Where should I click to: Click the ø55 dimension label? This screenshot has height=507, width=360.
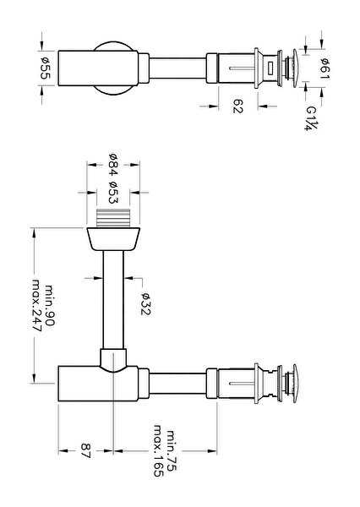[x=45, y=68]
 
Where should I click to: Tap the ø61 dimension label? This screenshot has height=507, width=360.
[x=325, y=68]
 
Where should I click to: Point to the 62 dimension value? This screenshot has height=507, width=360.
[x=237, y=106]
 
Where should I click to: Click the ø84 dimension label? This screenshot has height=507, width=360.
[x=113, y=164]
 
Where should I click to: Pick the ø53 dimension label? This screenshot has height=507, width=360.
[x=113, y=193]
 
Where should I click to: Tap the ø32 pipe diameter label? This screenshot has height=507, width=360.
[x=146, y=303]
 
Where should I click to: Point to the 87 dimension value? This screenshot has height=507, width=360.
[x=86, y=450]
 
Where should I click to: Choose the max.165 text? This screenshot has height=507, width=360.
[x=159, y=450]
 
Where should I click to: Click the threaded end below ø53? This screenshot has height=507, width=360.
[x=113, y=218]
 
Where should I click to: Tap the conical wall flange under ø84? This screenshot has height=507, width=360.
[x=113, y=239]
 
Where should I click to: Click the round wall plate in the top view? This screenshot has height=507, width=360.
[x=113, y=68]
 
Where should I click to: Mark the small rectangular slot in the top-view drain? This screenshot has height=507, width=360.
[x=270, y=68]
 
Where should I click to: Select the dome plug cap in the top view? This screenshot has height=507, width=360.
[x=295, y=68]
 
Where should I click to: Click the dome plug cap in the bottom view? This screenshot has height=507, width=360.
[x=295, y=384]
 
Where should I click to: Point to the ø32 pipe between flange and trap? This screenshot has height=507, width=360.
[x=113, y=300]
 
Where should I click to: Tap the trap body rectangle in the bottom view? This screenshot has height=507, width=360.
[x=98, y=384]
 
